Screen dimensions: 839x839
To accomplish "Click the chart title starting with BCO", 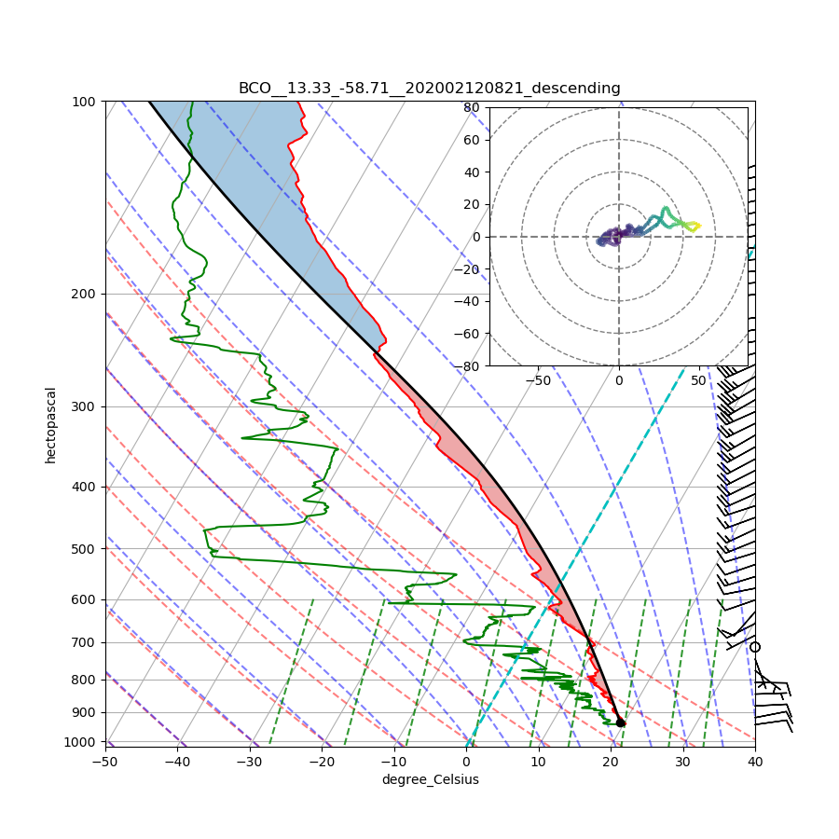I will coord(429,89).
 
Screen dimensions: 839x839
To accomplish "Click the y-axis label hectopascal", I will coord(51,424).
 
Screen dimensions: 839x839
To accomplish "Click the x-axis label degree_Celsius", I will coord(430,779).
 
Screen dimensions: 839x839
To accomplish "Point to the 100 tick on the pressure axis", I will coord(85,101).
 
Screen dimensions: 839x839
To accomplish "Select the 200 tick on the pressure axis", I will coord(85,294).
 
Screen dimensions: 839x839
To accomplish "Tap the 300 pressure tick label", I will coord(85,406).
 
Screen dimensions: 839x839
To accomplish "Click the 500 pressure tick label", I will coord(85,548).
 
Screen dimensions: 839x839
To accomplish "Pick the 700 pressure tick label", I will coord(85,642).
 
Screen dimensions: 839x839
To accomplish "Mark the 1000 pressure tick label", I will coord(82,741).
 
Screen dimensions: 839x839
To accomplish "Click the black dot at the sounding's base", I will coord(621,722).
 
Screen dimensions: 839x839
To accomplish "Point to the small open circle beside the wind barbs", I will coord(755,647).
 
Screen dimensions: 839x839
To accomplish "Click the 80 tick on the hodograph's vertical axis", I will coord(472,107).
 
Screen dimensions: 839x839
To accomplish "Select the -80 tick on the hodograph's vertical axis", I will coord(468,366).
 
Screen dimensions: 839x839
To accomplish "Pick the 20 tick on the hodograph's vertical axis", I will coord(472,204).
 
